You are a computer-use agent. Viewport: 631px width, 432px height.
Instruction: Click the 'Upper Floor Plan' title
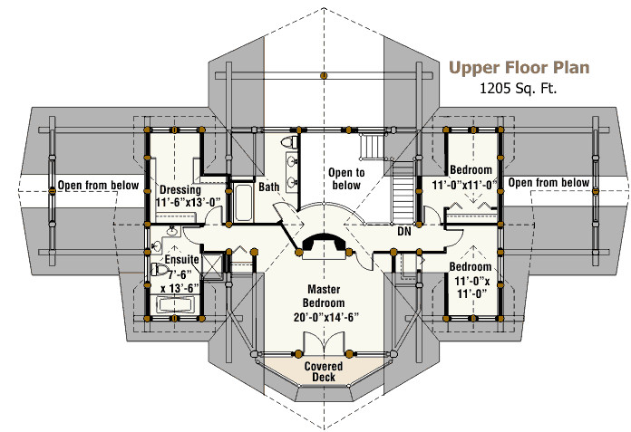519,68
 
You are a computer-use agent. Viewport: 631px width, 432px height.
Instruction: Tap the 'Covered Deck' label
324,371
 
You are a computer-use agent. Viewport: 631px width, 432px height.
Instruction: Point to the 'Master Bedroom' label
324,294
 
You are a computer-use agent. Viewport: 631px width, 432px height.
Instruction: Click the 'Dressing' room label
179,190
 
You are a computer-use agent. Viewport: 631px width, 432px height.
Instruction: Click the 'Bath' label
269,187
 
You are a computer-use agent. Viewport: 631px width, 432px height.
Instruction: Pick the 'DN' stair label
405,232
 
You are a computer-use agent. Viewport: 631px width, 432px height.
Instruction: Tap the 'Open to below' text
345,178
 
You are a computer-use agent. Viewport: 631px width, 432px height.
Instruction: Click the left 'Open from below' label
99,185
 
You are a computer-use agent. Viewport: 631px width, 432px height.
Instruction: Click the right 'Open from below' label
549,183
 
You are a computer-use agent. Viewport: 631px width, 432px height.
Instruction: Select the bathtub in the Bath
243,201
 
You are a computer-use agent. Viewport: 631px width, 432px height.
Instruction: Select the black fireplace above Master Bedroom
324,243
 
